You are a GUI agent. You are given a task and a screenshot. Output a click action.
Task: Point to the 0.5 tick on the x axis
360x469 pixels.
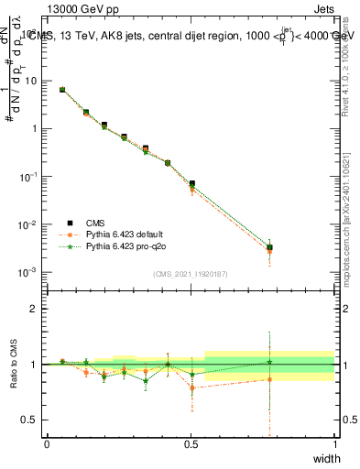point(191,444)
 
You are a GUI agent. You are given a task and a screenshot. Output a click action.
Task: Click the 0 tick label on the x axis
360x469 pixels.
point(47,444)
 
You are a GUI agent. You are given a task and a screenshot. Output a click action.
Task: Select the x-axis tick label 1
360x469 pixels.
point(334,444)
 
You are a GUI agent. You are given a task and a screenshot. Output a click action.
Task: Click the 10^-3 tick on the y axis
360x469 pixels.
point(29,272)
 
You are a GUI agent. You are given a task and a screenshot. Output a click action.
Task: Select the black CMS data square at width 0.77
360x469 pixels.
point(269,247)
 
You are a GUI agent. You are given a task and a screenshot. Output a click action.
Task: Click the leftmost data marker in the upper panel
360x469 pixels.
point(61,90)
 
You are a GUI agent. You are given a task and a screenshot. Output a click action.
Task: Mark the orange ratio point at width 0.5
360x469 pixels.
point(191,387)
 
